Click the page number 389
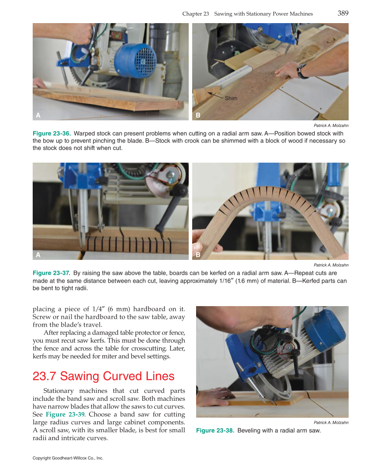click(343, 13)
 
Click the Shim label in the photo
click(231, 99)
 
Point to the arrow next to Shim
click(215, 95)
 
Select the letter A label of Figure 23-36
click(38, 116)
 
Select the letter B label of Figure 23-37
click(198, 255)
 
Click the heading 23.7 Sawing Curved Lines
click(103, 376)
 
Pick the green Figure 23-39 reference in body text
click(64, 415)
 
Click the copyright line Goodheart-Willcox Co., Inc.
click(68, 458)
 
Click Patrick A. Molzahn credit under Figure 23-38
click(331, 423)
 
